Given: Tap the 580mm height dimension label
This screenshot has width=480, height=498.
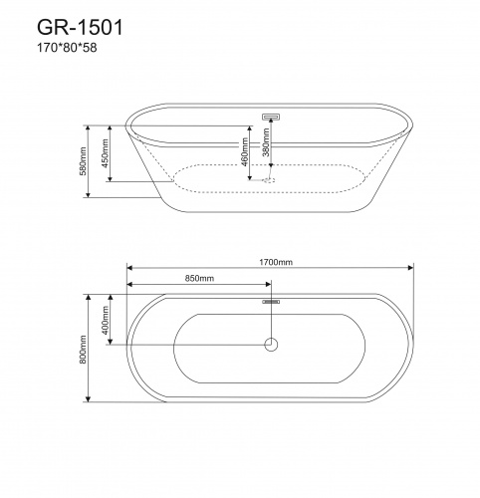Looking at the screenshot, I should [88, 157].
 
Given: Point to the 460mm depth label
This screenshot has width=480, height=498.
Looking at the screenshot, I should [241, 151].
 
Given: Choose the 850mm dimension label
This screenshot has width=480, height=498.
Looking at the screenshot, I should [199, 278].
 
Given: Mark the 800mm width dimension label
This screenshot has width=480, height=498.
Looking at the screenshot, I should [88, 348].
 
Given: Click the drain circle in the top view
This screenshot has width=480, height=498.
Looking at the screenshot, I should [270, 345].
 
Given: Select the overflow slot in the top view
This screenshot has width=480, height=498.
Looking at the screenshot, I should [271, 300].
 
